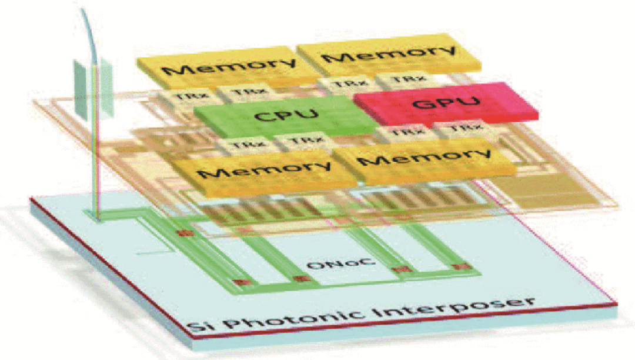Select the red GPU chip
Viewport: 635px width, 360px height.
pyautogui.click(x=447, y=104)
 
